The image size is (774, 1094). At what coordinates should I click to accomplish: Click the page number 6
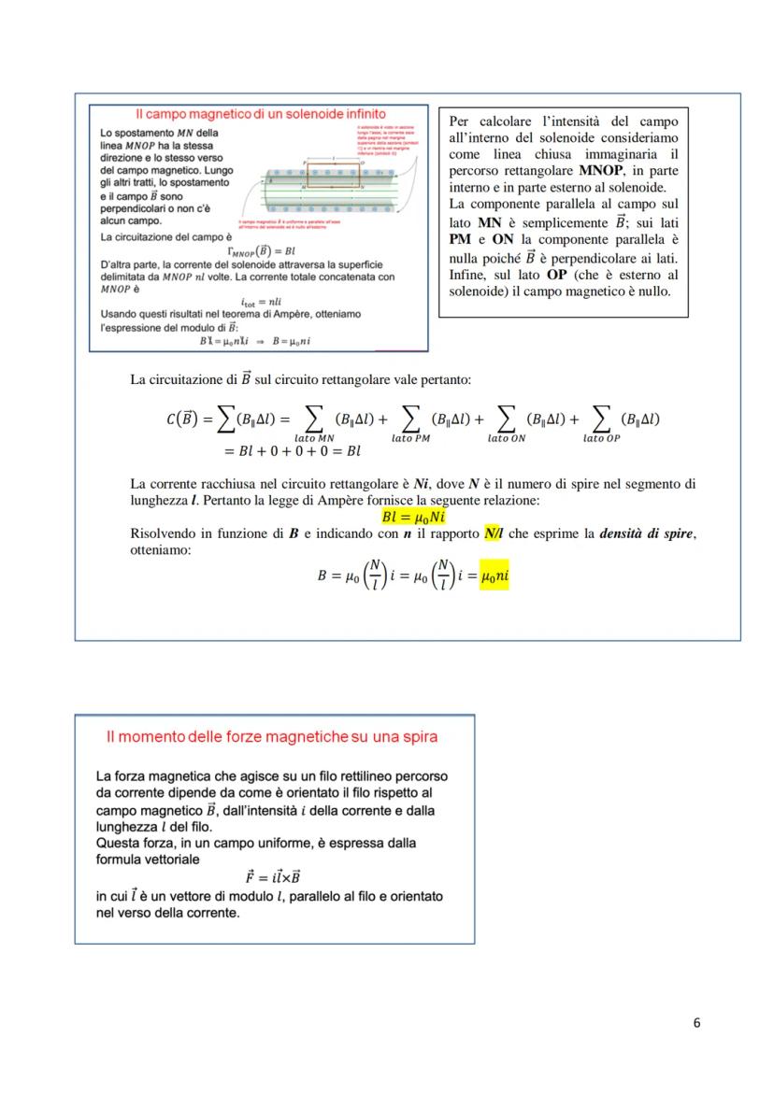[x=696, y=1022]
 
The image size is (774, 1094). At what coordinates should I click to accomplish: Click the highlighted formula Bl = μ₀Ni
[x=413, y=517]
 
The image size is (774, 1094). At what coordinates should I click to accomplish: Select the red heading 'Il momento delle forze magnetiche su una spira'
[x=272, y=737]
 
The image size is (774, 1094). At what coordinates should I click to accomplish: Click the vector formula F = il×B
[x=273, y=876]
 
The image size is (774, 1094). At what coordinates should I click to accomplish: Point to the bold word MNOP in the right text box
[x=601, y=171]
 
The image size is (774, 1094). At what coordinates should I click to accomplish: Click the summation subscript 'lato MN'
[x=314, y=436]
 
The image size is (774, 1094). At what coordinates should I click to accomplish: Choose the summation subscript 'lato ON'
[x=506, y=436]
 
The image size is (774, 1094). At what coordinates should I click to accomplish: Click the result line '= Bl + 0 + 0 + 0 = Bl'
[x=293, y=452]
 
